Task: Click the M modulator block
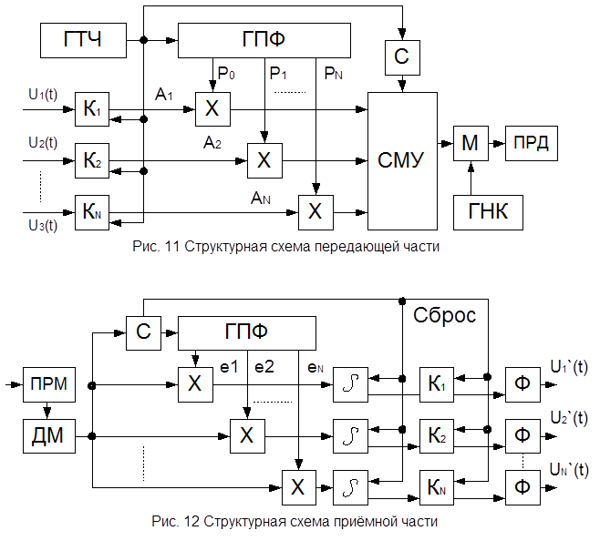(x=471, y=143)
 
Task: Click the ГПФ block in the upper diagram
(x=264, y=39)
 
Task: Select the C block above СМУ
(x=401, y=57)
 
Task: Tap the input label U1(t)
(x=42, y=94)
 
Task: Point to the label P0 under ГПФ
(x=224, y=69)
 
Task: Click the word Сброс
(x=446, y=316)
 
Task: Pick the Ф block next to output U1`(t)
(x=522, y=384)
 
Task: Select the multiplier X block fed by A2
(x=264, y=161)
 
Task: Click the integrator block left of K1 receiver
(x=350, y=384)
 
